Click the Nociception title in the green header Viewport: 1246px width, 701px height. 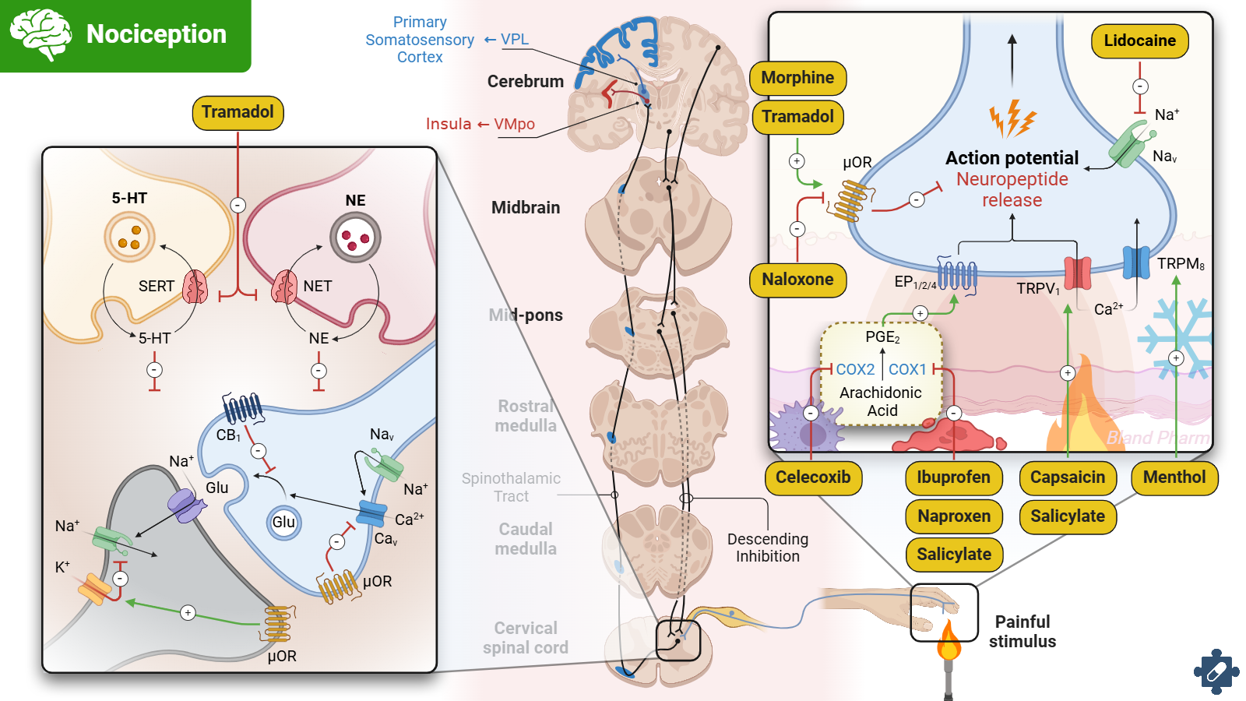point(156,34)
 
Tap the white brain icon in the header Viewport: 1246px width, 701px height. point(40,34)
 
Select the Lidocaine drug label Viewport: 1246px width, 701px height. point(1139,41)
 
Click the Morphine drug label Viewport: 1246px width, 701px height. point(797,78)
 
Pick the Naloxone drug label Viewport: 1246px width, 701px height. point(797,280)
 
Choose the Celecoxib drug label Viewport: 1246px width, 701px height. point(813,477)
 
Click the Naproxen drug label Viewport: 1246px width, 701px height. point(954,516)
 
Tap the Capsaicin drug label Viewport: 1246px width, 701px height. point(1067,477)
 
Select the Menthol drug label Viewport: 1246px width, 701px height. point(1174,477)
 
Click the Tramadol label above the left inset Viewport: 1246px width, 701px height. point(238,112)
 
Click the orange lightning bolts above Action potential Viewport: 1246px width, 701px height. point(1012,119)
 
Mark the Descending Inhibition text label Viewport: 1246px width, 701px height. point(767,548)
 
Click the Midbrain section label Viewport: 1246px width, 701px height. point(526,208)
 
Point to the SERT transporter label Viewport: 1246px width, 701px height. point(156,287)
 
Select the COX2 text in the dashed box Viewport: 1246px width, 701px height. point(855,370)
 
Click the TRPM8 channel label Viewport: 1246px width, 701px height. point(1181,264)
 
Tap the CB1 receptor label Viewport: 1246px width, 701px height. point(228,435)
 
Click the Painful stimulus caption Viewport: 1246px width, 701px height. point(1022,632)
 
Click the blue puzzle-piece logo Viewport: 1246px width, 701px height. point(1216,671)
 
